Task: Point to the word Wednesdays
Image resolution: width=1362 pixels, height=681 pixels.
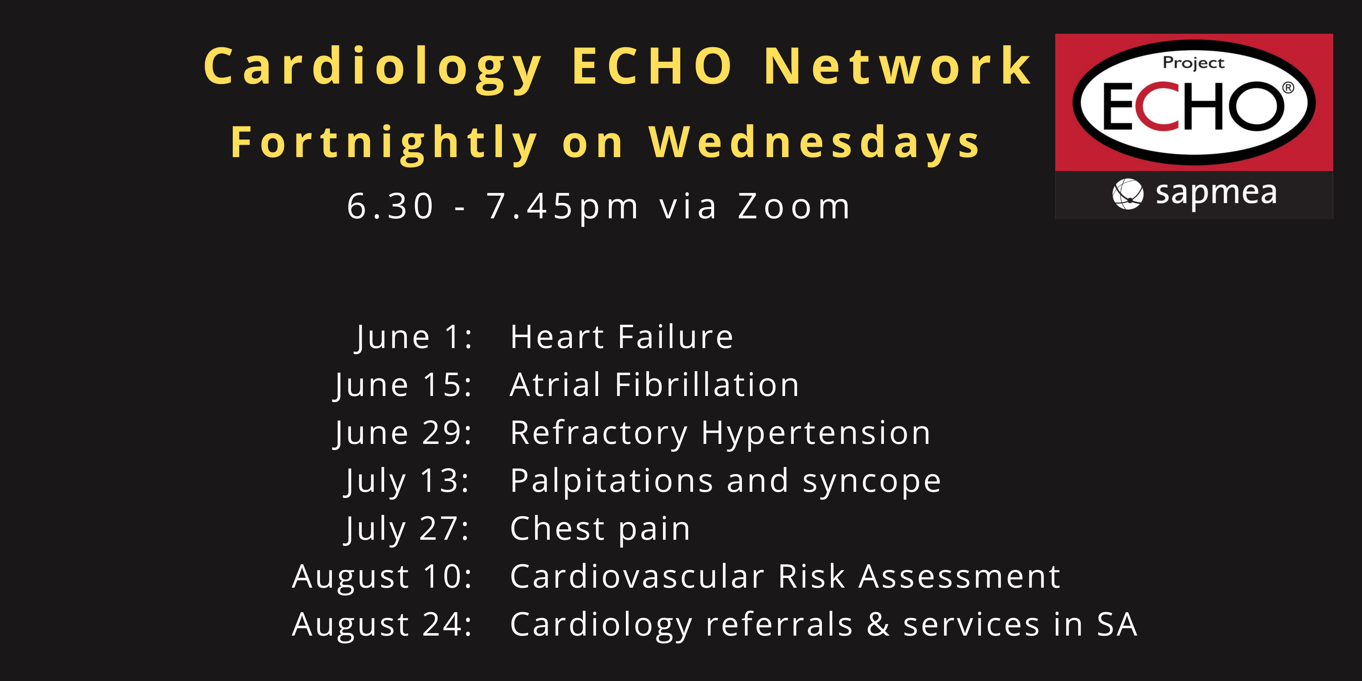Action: tap(814, 143)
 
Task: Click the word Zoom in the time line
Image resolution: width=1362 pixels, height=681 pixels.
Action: tap(794, 206)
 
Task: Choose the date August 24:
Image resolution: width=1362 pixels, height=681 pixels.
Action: tap(382, 624)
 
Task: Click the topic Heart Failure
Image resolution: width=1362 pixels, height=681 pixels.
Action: tap(622, 337)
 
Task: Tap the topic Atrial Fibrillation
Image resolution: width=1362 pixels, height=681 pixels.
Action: tap(655, 384)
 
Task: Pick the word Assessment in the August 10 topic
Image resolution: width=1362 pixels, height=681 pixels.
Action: tap(960, 576)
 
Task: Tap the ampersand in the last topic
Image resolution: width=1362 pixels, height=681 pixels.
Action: tap(878, 624)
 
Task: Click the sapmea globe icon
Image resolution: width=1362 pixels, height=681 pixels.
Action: tap(1128, 193)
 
